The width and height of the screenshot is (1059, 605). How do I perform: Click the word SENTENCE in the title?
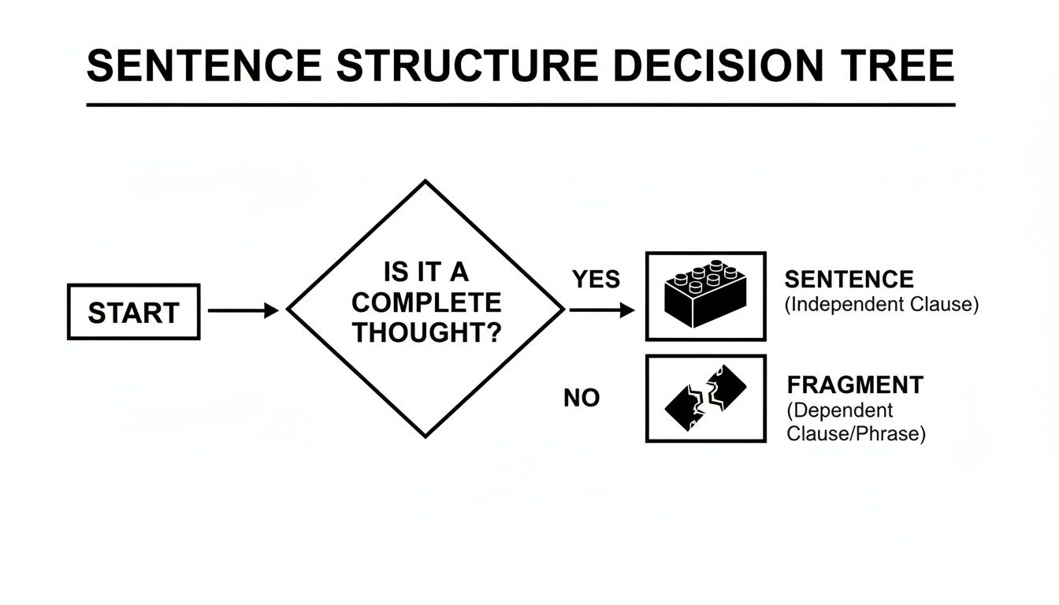pyautogui.click(x=204, y=65)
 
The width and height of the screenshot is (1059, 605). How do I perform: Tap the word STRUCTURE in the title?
pyautogui.click(x=465, y=65)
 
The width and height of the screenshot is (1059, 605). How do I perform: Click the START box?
pyautogui.click(x=133, y=312)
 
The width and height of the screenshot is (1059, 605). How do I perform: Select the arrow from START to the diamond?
pyautogui.click(x=243, y=311)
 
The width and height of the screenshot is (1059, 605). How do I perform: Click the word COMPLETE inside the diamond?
pyautogui.click(x=426, y=302)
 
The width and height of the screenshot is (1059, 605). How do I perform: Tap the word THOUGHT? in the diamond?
pyautogui.click(x=426, y=332)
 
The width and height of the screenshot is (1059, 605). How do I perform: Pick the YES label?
pyautogui.click(x=596, y=279)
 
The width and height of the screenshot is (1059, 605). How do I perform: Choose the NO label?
pyautogui.click(x=582, y=399)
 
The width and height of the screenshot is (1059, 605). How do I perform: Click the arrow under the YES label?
pyautogui.click(x=601, y=311)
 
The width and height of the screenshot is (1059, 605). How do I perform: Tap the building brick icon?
pyautogui.click(x=705, y=295)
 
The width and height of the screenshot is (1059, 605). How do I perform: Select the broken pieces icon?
pyautogui.click(x=705, y=398)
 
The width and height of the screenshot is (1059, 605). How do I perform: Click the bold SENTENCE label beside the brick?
pyautogui.click(x=849, y=279)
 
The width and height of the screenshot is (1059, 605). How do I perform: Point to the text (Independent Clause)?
pyautogui.click(x=881, y=305)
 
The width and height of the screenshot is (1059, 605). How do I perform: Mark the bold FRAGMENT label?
pyautogui.click(x=855, y=385)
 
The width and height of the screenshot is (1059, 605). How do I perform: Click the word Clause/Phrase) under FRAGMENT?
pyautogui.click(x=856, y=433)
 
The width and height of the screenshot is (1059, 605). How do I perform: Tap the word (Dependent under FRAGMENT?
pyautogui.click(x=839, y=410)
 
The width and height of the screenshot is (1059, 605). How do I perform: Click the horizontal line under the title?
pyautogui.click(x=520, y=104)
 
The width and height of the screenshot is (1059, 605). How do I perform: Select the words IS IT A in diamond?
pyautogui.click(x=426, y=273)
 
